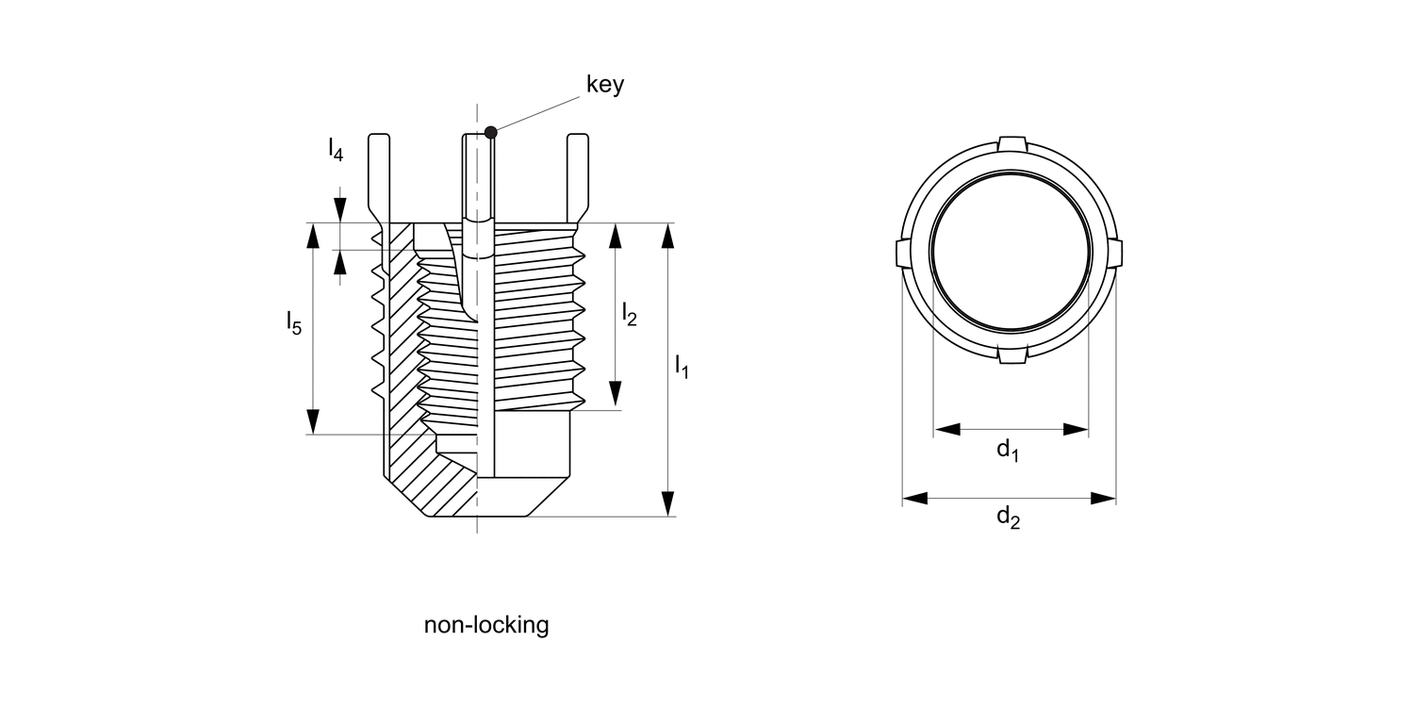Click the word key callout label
tap(605, 84)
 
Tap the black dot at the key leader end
tap(490, 132)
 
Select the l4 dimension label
tap(335, 147)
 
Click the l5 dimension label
tap(294, 323)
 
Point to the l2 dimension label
tap(629, 314)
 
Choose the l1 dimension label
tap(682, 366)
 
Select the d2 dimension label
tap(1008, 518)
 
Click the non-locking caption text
tap(485, 624)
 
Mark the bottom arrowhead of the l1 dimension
tap(668, 504)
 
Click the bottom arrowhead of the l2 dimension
tap(616, 397)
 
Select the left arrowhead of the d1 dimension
tap(946, 429)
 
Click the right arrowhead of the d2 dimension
tap(1104, 498)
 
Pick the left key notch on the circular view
tap(900, 253)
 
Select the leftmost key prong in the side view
tap(378, 174)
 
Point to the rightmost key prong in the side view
tap(578, 174)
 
